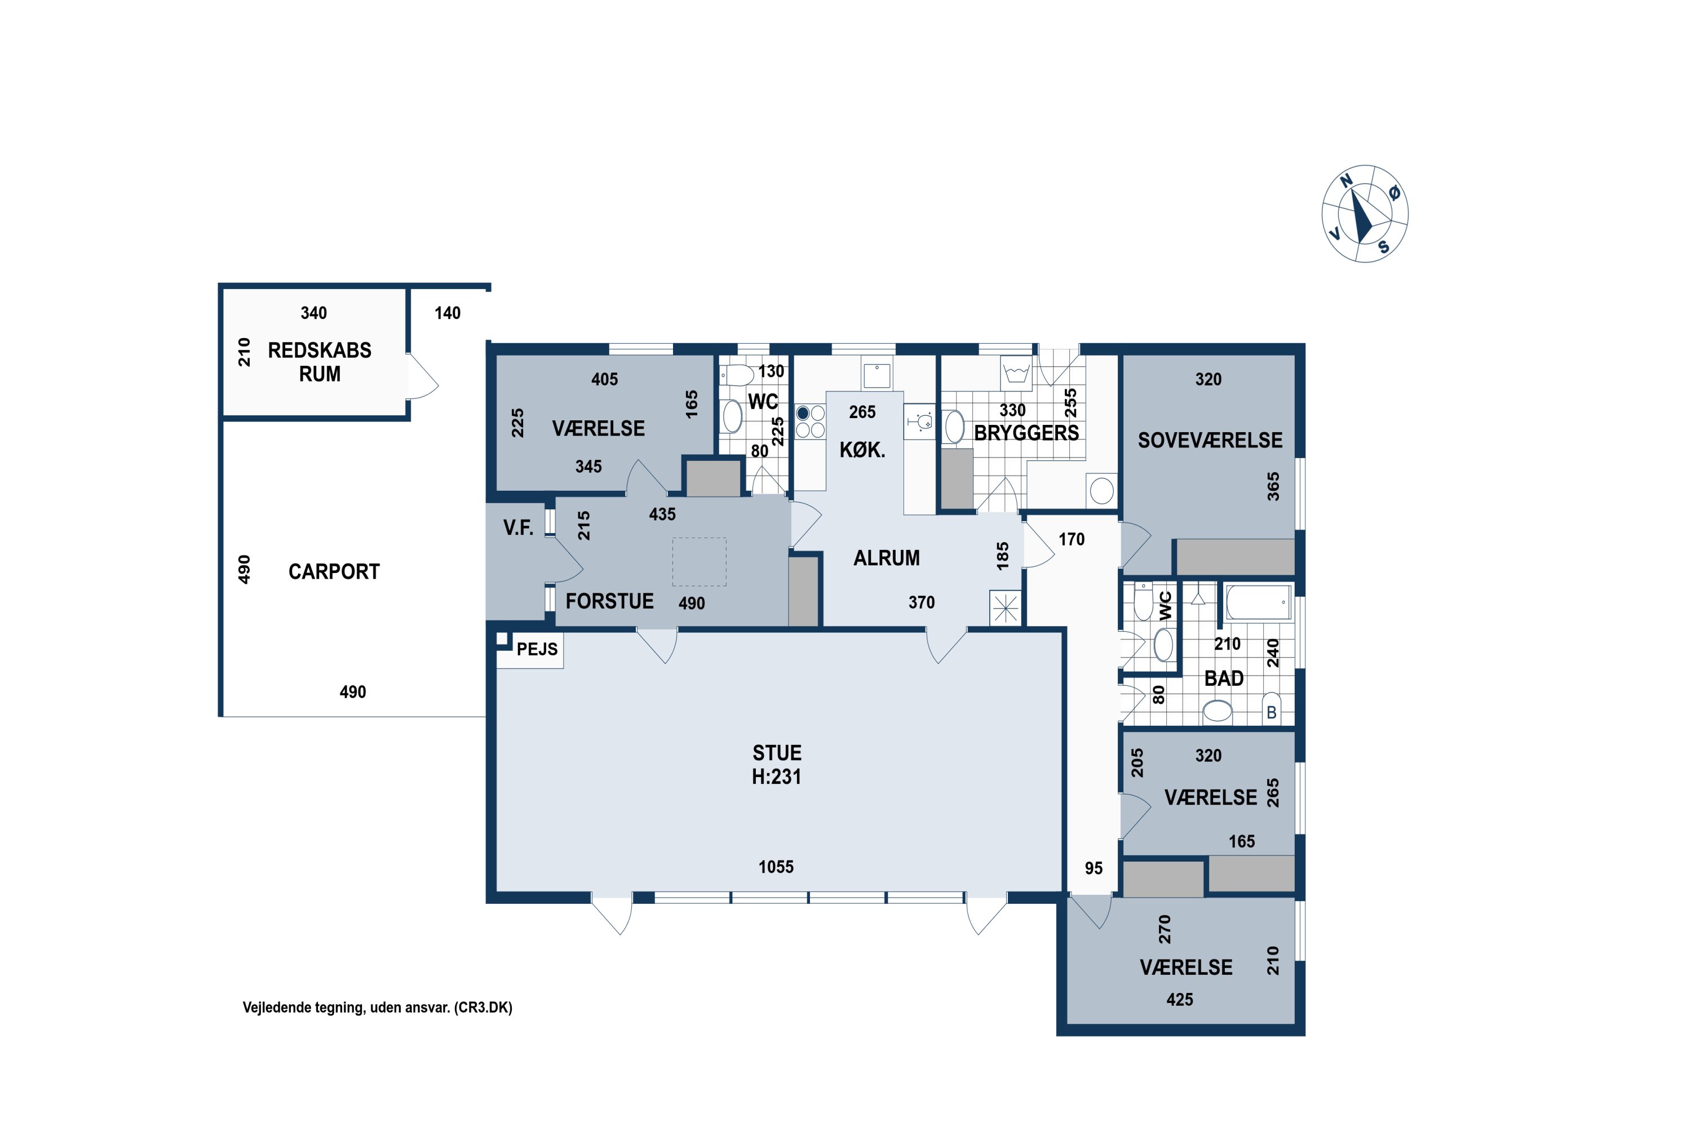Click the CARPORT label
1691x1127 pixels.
tap(334, 571)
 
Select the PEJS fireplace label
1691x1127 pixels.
tap(537, 649)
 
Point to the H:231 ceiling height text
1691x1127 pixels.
tap(777, 777)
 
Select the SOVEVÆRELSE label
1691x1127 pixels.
tap(1210, 440)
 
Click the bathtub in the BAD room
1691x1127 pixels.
tap(1258, 602)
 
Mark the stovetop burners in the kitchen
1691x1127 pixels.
tap(811, 421)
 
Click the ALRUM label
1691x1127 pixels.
tap(887, 558)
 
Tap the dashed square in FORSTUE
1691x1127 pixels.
tap(699, 562)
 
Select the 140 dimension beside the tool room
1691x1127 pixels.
tap(447, 313)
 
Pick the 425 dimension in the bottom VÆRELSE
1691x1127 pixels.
tap(1180, 999)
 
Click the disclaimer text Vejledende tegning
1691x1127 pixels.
tap(378, 1008)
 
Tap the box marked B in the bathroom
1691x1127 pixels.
tap(1271, 708)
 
